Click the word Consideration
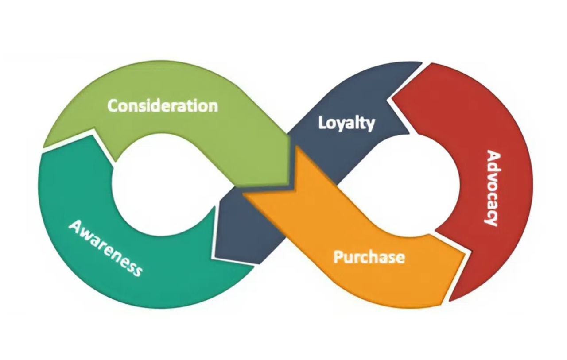point(163,106)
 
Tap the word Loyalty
point(346,123)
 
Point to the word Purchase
point(369,257)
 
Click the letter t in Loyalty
point(362,122)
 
